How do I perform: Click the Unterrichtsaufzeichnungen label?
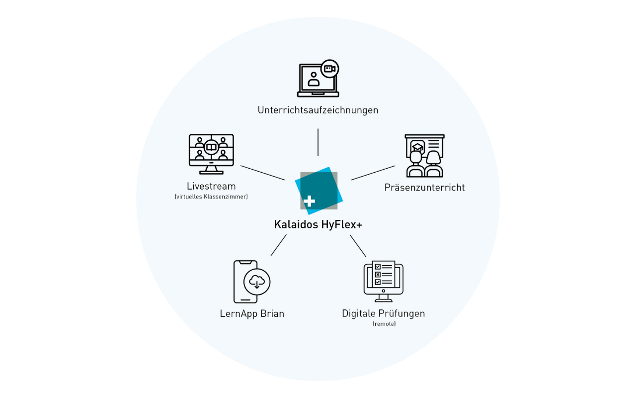[x=318, y=110]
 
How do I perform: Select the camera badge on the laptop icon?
[x=329, y=69]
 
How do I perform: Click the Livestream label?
[x=211, y=186]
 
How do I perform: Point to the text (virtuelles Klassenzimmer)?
[x=211, y=197]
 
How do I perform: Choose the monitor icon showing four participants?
[x=211, y=154]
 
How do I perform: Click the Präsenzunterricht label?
[x=424, y=188]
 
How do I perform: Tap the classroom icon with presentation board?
[x=424, y=156]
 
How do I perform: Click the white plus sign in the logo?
[x=309, y=201]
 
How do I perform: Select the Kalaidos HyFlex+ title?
[x=318, y=224]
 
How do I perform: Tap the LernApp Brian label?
[x=252, y=314]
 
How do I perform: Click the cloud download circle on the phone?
[x=256, y=282]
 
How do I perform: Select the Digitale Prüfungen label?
[x=383, y=314]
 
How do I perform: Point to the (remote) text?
[x=384, y=324]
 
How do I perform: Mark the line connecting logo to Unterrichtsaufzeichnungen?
[x=318, y=142]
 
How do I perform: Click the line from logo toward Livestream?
[x=262, y=173]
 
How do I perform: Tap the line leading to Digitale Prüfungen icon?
[x=358, y=246]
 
